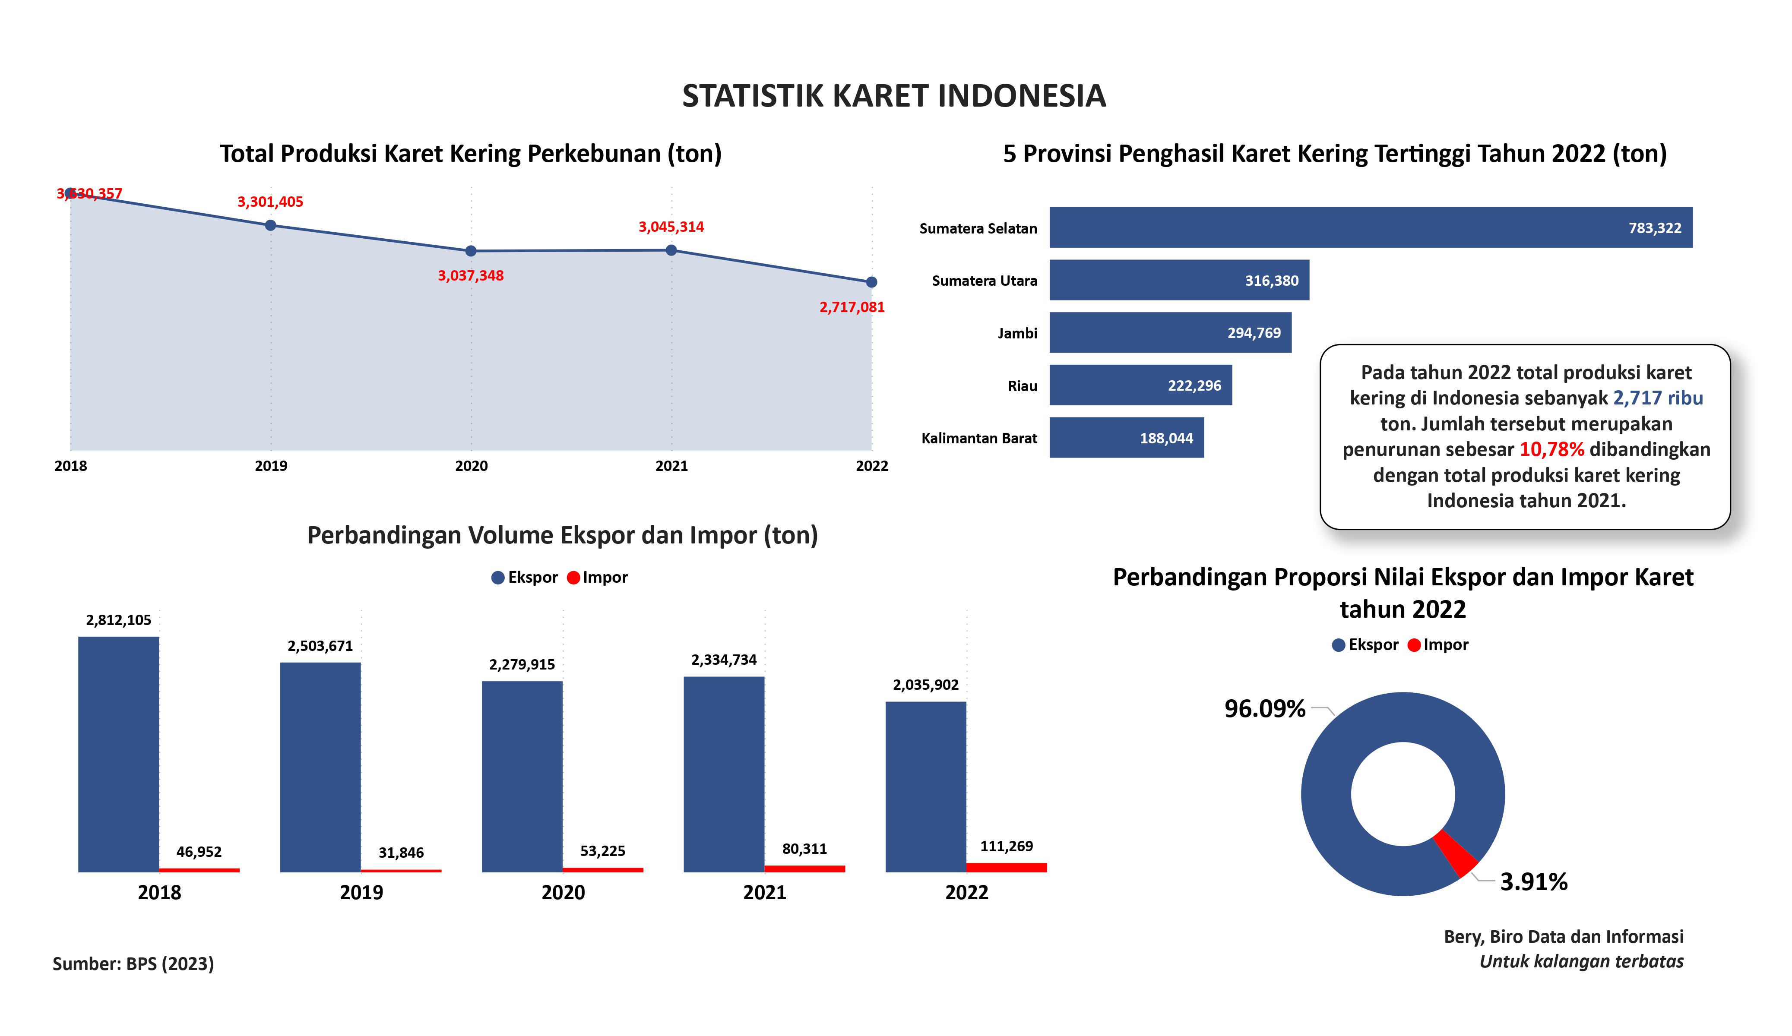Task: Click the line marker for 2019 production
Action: pos(270,225)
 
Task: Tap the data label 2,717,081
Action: pos(852,307)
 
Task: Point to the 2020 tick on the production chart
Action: pos(472,466)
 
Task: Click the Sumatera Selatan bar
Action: pos(1371,227)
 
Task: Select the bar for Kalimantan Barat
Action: pos(1127,437)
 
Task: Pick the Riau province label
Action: pos(1023,386)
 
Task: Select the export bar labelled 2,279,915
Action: pos(522,777)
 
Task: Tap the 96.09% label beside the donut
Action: pos(1265,708)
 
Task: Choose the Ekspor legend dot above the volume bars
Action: pos(498,578)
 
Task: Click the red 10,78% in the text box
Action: pos(1551,449)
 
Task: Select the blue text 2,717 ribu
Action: pos(1658,398)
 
